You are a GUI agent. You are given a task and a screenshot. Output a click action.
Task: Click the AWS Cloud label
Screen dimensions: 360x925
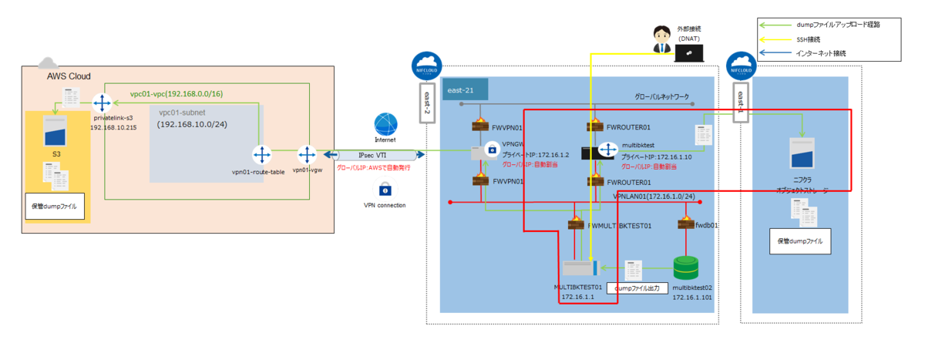coord(69,76)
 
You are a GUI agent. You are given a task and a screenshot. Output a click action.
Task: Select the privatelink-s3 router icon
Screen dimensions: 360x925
coord(102,103)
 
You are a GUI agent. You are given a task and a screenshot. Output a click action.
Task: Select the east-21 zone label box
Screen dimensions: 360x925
coord(465,89)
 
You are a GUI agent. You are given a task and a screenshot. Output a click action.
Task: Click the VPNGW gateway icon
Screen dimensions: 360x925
coord(491,151)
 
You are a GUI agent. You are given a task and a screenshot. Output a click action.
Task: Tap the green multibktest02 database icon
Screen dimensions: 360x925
coord(685,268)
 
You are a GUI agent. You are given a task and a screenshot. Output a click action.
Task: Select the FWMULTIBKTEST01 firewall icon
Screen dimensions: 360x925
coord(576,224)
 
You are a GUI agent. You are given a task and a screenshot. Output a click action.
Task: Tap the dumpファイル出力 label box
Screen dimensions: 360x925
coord(637,289)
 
